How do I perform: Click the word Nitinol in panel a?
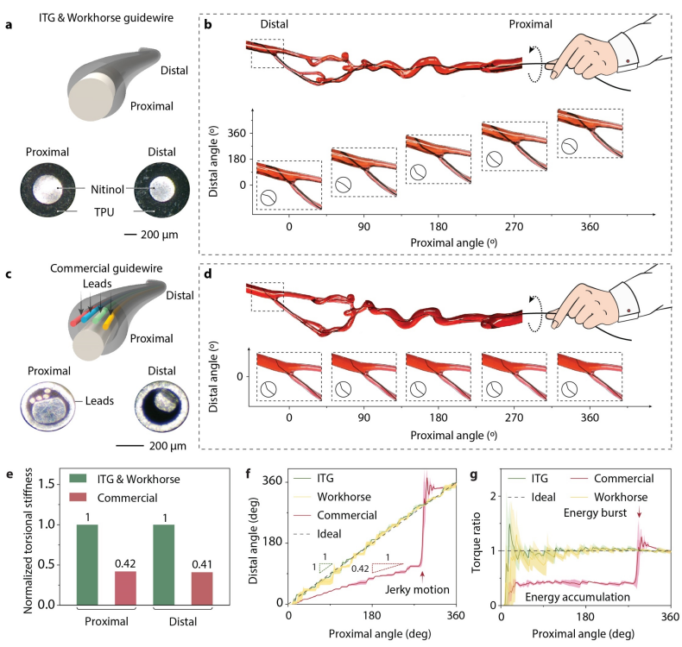click(111, 188)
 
